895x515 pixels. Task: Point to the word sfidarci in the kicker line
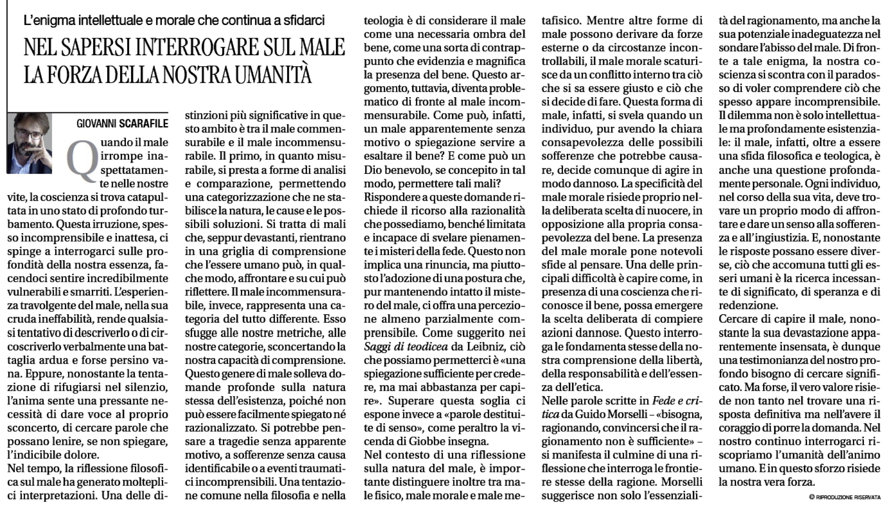point(304,21)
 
